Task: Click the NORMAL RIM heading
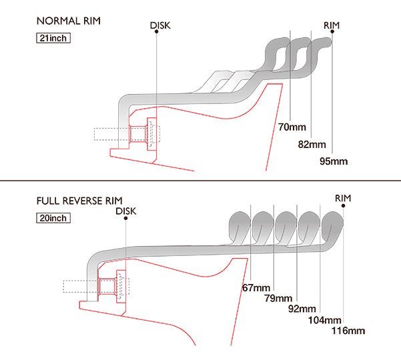(69, 21)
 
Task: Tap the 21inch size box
(53, 38)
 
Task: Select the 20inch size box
(53, 218)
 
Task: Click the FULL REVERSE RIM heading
(79, 201)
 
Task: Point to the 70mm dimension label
(292, 127)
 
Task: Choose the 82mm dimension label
(312, 145)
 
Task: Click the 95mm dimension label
(334, 161)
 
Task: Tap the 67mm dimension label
(256, 288)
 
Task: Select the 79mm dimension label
(278, 298)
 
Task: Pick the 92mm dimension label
(302, 309)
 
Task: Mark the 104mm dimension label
(324, 320)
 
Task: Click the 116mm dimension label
(348, 331)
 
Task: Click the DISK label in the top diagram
(160, 25)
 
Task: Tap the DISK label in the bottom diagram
(126, 211)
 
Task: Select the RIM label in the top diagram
(332, 25)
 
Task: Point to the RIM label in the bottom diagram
(343, 198)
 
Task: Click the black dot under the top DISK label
(157, 31)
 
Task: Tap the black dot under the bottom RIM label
(343, 206)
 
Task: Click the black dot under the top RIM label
(332, 31)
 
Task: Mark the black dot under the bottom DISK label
(125, 218)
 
